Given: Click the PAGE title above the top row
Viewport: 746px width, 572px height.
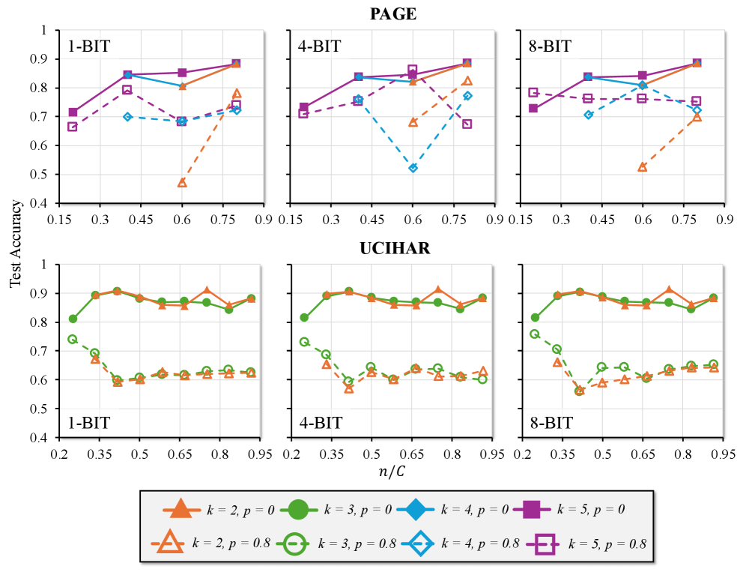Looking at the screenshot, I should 393,13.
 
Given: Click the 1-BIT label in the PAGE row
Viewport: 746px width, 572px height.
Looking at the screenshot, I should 89,46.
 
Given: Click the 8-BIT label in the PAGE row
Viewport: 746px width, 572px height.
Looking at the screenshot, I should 551,46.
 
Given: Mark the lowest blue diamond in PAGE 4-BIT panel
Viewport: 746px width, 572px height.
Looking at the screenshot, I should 413,168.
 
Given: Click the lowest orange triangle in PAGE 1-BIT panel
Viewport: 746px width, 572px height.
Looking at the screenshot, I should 182,182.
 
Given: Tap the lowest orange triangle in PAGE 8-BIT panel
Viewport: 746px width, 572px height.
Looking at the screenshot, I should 642,166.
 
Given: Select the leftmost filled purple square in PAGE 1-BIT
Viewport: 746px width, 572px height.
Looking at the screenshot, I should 73,112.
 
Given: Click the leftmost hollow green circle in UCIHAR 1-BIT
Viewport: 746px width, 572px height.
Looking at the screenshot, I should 73,339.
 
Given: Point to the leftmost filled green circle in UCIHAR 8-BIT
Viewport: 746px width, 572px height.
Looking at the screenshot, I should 535,318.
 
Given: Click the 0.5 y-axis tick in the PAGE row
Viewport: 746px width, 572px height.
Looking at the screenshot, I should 47,175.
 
